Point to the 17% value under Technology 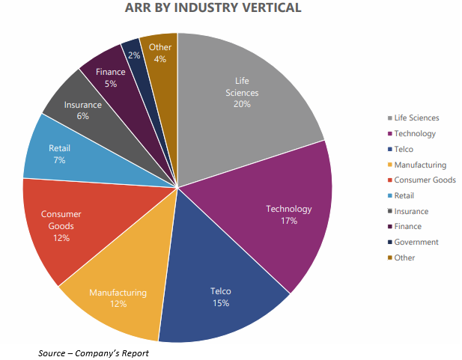coord(288,221)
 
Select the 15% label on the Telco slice coord(221,302)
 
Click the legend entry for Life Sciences coord(416,118)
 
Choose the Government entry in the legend coord(416,242)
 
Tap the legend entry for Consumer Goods coord(425,180)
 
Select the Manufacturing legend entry coord(420,165)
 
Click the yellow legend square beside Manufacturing coord(389,165)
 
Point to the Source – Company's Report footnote coord(94,353)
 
